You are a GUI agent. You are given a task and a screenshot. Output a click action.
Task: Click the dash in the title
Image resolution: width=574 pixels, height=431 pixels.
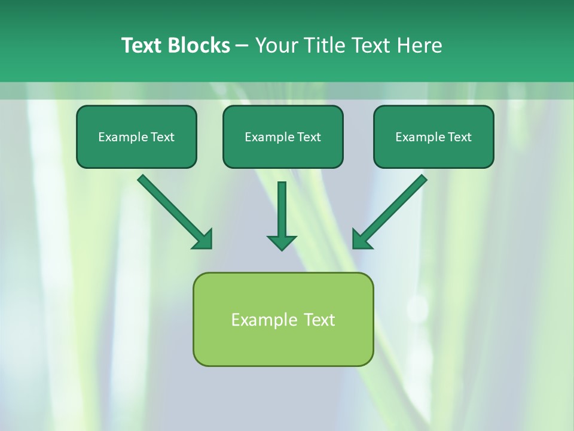tap(242, 46)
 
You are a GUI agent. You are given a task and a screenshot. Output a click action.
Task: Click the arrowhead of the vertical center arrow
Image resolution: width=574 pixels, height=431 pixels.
tap(282, 242)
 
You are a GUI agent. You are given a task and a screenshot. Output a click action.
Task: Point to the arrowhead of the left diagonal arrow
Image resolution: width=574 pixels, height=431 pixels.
tap(203, 239)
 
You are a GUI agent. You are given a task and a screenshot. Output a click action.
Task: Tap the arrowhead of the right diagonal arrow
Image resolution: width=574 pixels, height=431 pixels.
tap(361, 239)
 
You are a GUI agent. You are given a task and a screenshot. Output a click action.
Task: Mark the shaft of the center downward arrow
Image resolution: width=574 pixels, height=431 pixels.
tap(282, 207)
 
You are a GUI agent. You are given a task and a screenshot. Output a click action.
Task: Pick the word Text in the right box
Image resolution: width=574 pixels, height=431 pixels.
tap(460, 137)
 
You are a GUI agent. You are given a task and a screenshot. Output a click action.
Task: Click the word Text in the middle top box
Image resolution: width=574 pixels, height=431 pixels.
tap(309, 137)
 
